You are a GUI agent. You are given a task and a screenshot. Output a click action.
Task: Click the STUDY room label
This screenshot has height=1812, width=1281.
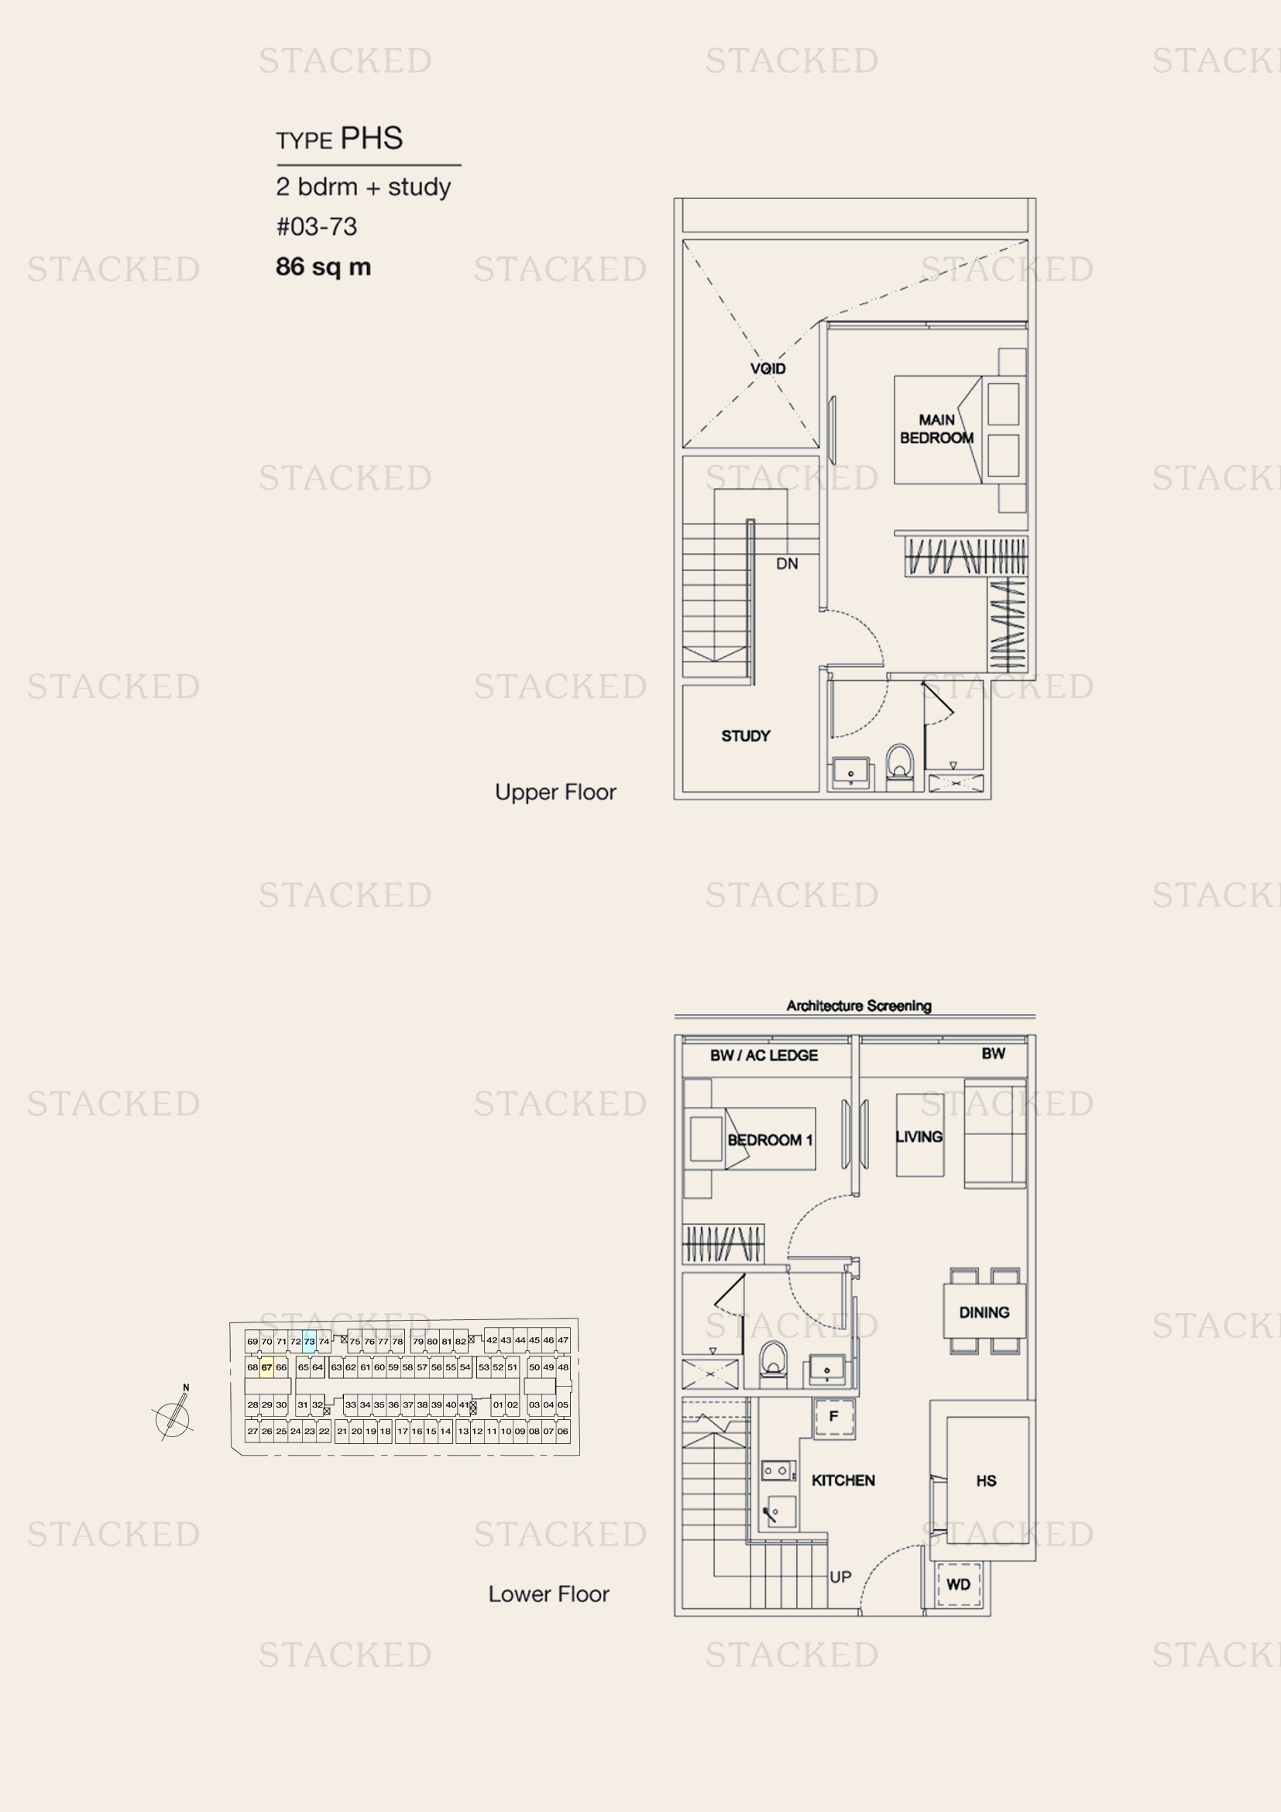point(745,735)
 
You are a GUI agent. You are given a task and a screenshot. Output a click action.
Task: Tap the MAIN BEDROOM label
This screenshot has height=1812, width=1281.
point(936,428)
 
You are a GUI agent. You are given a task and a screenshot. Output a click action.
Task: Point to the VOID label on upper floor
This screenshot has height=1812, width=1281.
point(768,369)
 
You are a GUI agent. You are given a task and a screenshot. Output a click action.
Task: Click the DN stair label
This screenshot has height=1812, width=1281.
point(786,563)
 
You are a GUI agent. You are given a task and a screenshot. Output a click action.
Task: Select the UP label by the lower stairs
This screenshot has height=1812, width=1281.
point(840,1576)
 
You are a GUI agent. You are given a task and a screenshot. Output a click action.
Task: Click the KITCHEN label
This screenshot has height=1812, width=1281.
point(843,1480)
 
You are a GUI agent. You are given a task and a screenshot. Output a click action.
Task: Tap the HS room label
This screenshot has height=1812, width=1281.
point(986,1480)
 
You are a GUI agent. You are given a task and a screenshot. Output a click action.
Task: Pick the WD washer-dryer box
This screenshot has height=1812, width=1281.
point(958,1585)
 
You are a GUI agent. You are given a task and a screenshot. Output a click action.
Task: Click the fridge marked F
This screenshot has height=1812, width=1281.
point(834,1417)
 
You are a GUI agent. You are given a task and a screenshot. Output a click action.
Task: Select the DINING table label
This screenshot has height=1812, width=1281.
point(984,1312)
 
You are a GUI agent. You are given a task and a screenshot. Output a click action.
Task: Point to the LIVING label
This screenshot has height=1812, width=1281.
point(919,1136)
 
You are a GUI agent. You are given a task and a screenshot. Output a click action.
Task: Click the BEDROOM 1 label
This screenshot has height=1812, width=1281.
point(770,1140)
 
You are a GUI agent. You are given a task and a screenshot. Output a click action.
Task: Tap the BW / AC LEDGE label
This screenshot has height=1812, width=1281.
point(764,1055)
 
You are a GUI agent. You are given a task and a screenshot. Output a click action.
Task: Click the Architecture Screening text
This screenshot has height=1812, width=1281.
point(859,1006)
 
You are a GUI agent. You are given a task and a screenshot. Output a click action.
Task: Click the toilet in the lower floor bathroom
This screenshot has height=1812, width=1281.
point(774,1361)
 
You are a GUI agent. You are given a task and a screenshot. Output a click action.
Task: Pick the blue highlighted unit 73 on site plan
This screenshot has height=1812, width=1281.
point(309,1341)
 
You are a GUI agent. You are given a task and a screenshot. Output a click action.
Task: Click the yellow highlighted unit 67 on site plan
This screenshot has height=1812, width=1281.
point(266,1367)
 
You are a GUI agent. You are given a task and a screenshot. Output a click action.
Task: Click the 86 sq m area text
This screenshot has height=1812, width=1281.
point(324,266)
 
